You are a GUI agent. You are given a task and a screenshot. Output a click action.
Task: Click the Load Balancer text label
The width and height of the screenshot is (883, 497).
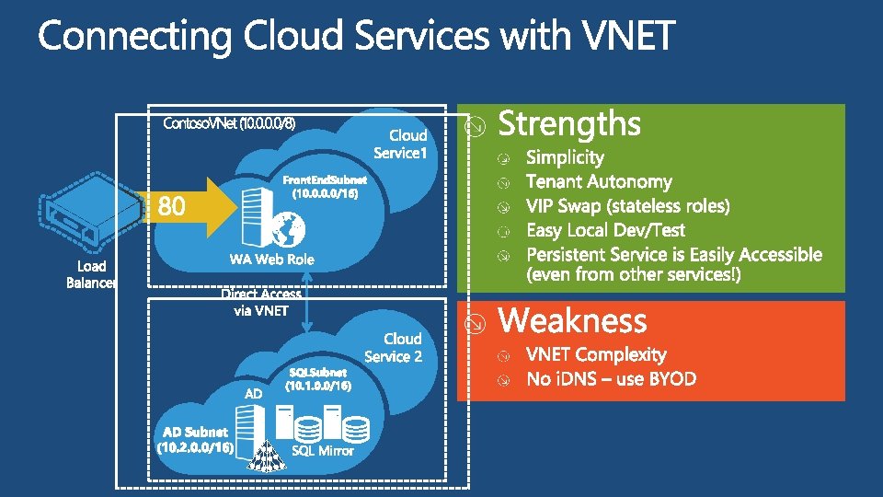pyautogui.click(x=91, y=274)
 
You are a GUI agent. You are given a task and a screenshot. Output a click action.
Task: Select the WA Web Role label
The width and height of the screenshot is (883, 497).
pyautogui.click(x=271, y=260)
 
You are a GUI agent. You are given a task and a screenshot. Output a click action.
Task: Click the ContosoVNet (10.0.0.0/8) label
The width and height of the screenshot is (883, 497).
pyautogui.click(x=229, y=123)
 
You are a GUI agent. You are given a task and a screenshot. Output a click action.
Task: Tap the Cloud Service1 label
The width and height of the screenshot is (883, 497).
pyautogui.click(x=401, y=144)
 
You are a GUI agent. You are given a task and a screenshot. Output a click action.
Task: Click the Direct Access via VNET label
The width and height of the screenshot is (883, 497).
pyautogui.click(x=261, y=302)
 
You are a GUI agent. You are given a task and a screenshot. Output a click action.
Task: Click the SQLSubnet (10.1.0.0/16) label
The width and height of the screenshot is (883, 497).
pyautogui.click(x=317, y=380)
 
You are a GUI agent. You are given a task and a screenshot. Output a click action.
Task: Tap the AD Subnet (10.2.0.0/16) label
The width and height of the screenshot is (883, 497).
pyautogui.click(x=195, y=439)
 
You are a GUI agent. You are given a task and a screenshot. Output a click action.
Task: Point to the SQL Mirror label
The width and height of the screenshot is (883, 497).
pyautogui.click(x=323, y=450)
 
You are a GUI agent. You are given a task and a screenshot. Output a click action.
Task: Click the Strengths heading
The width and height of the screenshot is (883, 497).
pyautogui.click(x=569, y=124)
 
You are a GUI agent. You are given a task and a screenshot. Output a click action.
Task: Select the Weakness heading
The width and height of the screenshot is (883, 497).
pyautogui.click(x=572, y=321)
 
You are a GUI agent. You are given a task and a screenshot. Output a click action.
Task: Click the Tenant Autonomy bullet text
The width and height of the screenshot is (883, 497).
pyautogui.click(x=599, y=182)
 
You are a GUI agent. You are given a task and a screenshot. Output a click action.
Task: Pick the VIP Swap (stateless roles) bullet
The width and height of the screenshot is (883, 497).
pyautogui.click(x=627, y=206)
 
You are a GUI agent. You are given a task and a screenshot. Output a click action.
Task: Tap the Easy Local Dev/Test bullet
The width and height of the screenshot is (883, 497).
pyautogui.click(x=605, y=230)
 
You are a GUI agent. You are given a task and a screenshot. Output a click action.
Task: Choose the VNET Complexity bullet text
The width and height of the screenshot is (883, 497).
pyautogui.click(x=596, y=354)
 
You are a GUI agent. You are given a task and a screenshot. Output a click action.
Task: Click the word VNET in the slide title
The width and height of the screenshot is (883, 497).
pyautogui.click(x=629, y=37)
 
